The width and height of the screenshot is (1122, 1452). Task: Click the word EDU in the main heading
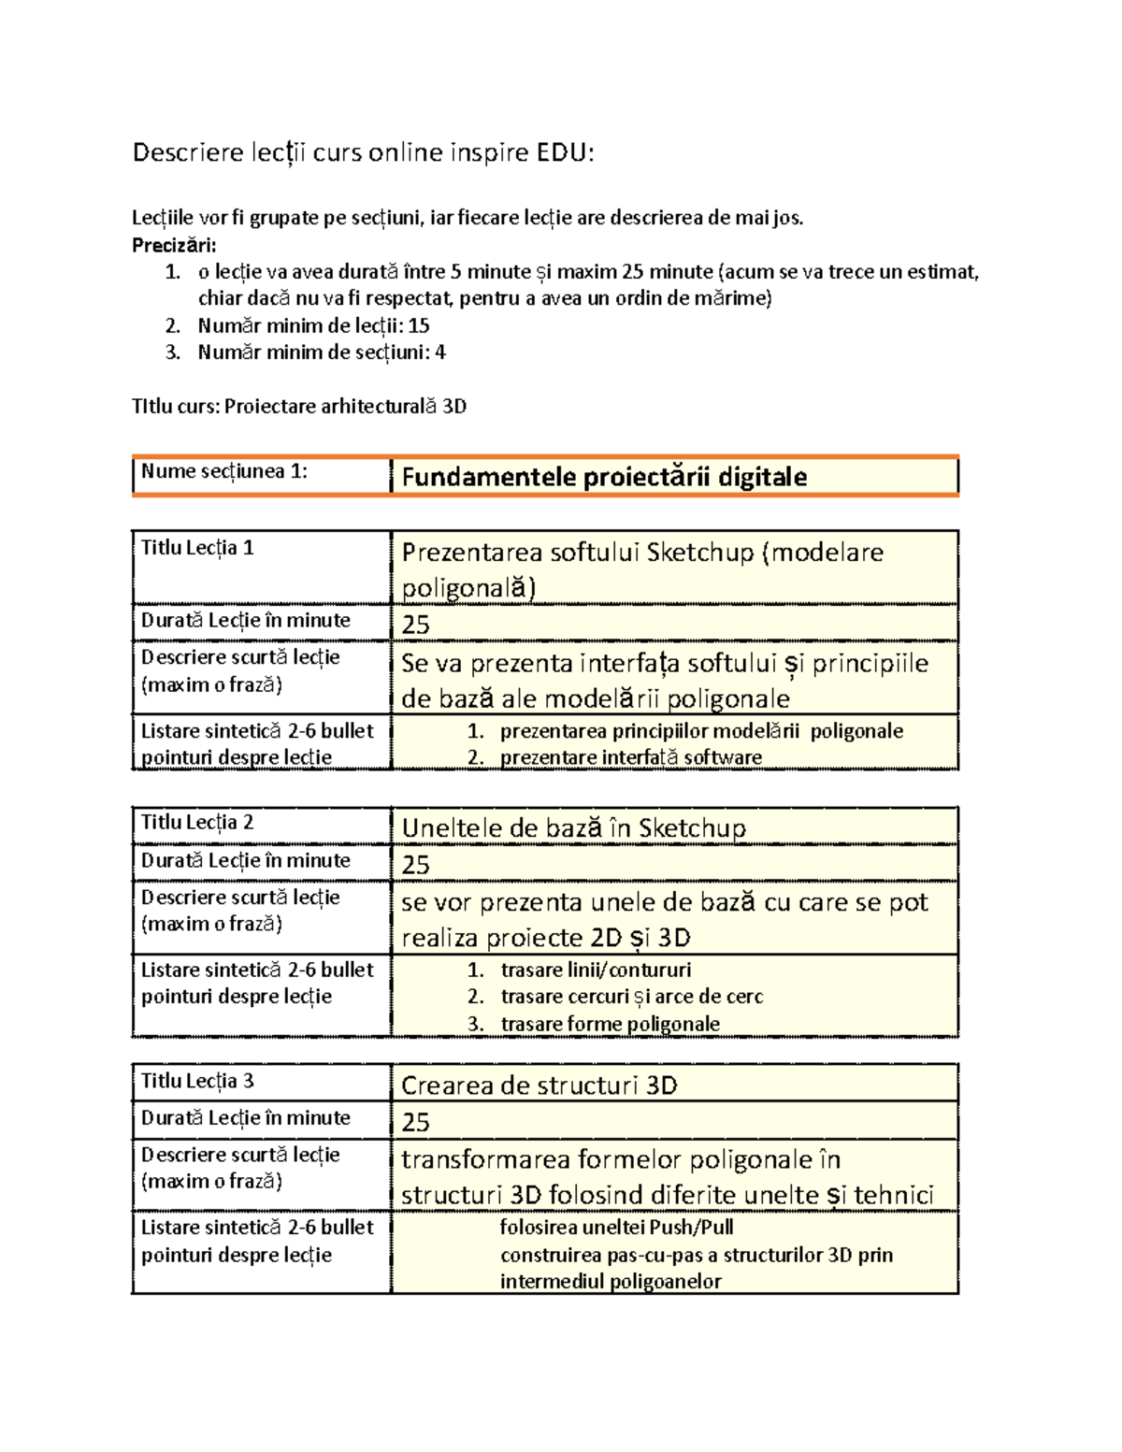564,152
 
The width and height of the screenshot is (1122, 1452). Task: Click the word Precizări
174,245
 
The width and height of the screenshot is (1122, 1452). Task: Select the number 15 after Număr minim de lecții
419,325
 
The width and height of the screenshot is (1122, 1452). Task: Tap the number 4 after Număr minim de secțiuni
440,352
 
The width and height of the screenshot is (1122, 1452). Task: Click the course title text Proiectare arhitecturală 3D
345,406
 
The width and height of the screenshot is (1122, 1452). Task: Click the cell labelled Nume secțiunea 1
224,471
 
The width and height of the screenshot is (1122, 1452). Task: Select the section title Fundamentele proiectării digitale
604,477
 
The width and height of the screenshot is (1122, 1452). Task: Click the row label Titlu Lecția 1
197,548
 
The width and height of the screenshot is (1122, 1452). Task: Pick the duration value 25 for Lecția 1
416,625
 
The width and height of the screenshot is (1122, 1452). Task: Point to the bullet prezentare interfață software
631,757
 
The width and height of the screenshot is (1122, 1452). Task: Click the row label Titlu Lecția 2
197,823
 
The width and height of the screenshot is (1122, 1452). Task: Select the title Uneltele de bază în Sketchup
573,828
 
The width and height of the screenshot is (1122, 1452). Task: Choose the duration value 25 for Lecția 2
416,865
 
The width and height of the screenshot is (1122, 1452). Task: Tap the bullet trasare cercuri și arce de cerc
632,997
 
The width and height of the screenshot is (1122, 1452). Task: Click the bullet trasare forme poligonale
611,1024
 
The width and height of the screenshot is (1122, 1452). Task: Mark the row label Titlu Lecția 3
197,1081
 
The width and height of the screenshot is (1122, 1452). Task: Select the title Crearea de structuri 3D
539,1085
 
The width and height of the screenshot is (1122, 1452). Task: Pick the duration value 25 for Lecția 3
416,1122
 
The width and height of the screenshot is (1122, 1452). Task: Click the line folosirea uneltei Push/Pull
616,1227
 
